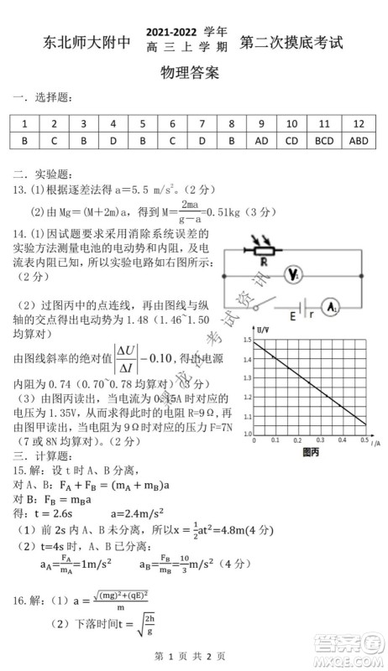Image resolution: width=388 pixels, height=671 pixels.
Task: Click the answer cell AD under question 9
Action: [261, 141]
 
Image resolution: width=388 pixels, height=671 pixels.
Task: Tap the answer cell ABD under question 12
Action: [359, 141]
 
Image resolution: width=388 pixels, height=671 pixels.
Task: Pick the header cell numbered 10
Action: [292, 123]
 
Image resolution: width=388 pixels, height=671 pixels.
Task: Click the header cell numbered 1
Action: [25, 123]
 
